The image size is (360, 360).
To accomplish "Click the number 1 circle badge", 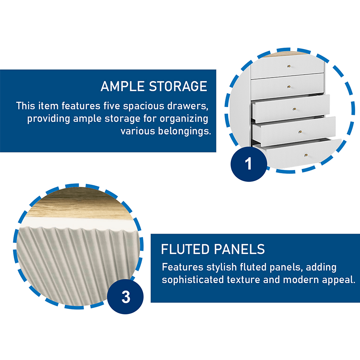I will click(248, 164).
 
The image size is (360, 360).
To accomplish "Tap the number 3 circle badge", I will click(126, 297).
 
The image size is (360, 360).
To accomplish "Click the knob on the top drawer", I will click(288, 66).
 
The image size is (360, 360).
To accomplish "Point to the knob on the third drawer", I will click(294, 108).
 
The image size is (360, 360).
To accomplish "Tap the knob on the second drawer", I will click(288, 86).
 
